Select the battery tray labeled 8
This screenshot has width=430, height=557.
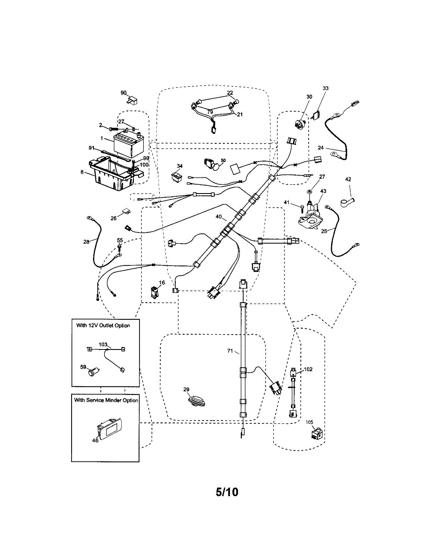(x=114, y=174)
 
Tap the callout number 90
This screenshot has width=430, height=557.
(x=124, y=92)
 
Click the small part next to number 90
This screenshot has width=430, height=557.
(x=132, y=100)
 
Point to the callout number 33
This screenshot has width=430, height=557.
(x=325, y=88)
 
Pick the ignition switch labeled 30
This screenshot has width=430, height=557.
(x=299, y=123)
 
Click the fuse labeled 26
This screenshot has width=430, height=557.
(x=126, y=211)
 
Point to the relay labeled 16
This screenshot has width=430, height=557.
(x=154, y=293)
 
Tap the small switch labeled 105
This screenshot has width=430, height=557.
(x=317, y=434)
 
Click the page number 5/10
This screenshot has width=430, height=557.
(x=227, y=492)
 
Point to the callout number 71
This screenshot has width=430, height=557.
(x=230, y=351)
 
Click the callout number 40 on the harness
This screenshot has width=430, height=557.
(x=218, y=217)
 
